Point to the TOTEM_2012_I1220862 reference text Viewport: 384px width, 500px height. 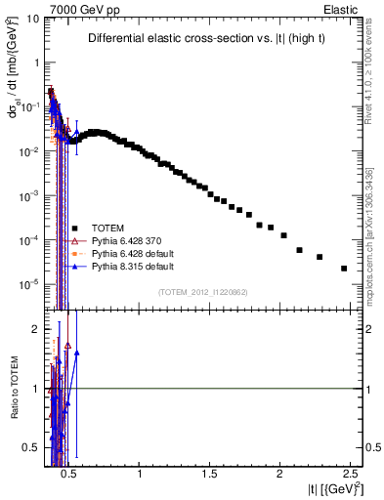pyautogui.click(x=204, y=292)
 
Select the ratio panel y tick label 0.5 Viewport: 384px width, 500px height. pyautogui.click(x=30, y=448)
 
